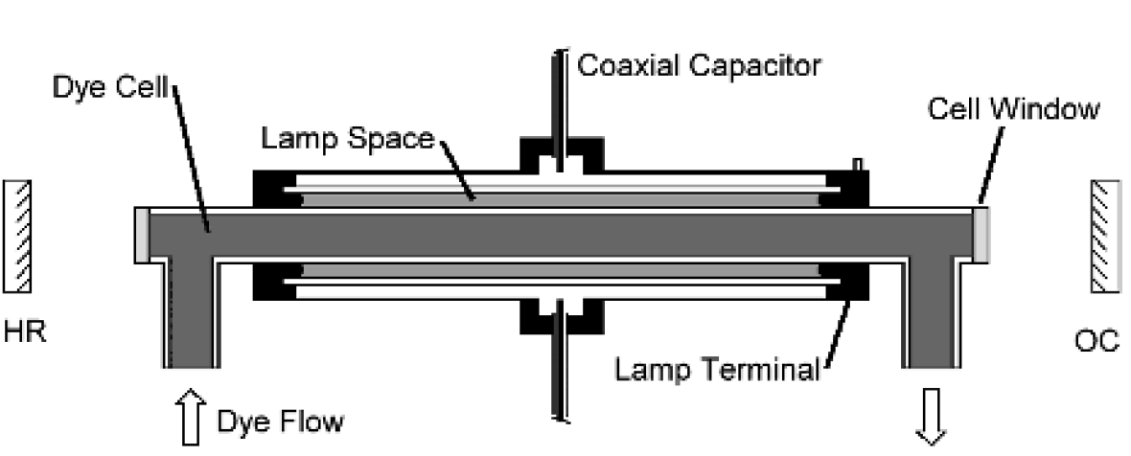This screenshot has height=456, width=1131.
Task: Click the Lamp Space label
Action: [349, 138]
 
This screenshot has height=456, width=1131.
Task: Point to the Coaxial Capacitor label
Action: [700, 67]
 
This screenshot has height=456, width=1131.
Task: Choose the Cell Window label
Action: [1012, 109]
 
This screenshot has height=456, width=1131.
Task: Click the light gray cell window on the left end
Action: [142, 234]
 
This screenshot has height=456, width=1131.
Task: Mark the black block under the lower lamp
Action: [557, 315]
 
